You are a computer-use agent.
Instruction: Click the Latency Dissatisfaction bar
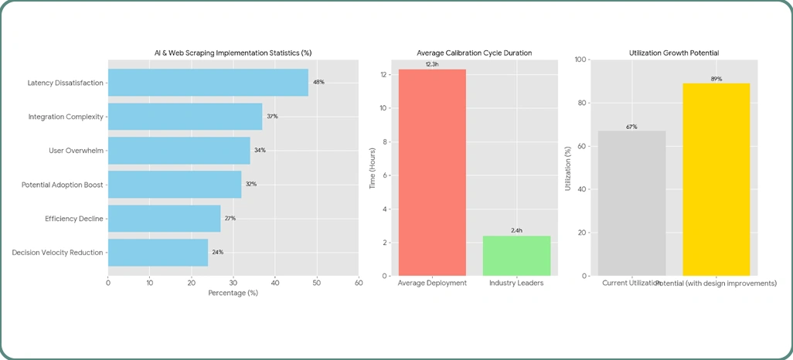(207, 83)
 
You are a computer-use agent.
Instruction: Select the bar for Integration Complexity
(185, 117)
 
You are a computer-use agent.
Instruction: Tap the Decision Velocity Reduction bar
(158, 253)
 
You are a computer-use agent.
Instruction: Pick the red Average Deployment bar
(432, 172)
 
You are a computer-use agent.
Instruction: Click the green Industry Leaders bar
(517, 256)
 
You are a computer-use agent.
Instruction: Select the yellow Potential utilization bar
(716, 179)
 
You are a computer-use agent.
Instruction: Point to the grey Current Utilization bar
(632, 203)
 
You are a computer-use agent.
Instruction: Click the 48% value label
(318, 82)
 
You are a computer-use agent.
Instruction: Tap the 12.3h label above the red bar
(432, 64)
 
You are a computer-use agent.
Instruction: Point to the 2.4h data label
(517, 231)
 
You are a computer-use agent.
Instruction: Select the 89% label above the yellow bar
(716, 79)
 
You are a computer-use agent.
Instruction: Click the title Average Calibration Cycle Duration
(475, 53)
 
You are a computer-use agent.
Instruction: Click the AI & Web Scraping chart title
(233, 53)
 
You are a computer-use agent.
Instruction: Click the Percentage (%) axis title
(233, 294)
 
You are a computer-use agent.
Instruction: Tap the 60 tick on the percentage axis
(358, 283)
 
